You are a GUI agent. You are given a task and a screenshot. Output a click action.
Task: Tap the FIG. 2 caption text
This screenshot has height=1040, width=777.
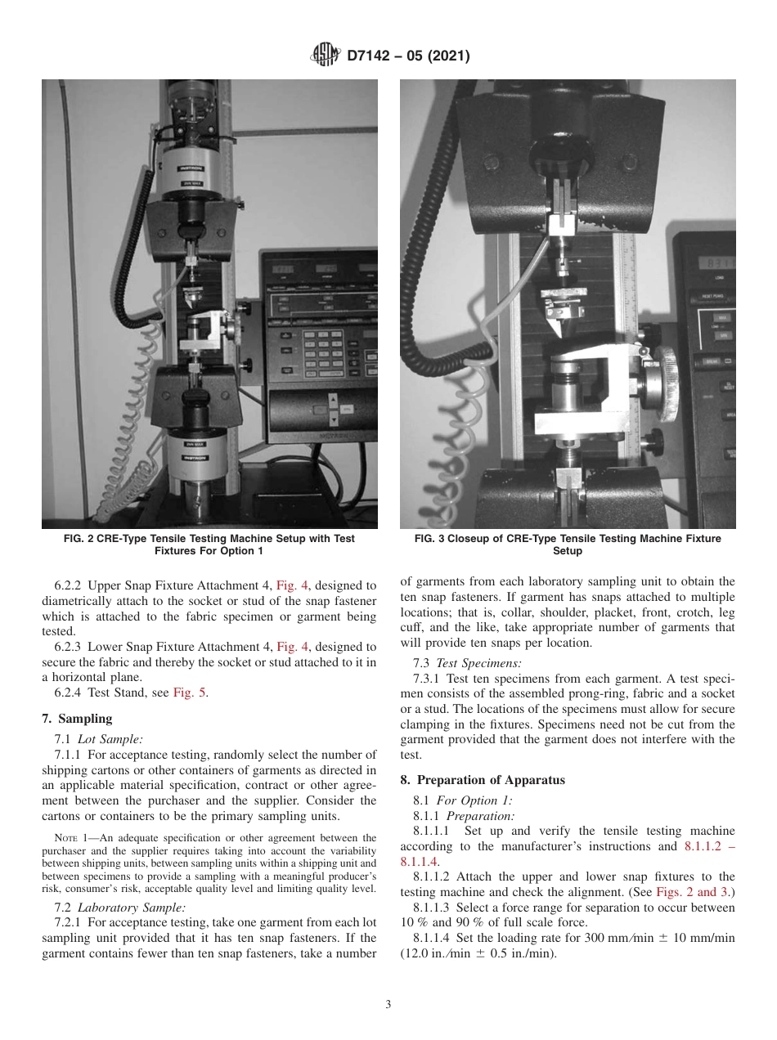click(x=209, y=545)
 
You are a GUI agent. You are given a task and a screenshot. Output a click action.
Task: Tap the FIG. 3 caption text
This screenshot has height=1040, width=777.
click(x=568, y=545)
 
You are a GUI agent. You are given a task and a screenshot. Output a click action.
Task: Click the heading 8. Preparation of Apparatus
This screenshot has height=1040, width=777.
click(x=483, y=780)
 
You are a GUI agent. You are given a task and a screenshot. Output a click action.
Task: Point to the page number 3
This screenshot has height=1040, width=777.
click(x=388, y=1005)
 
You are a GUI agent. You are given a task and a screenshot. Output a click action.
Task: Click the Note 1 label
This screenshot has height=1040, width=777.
click(x=65, y=838)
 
